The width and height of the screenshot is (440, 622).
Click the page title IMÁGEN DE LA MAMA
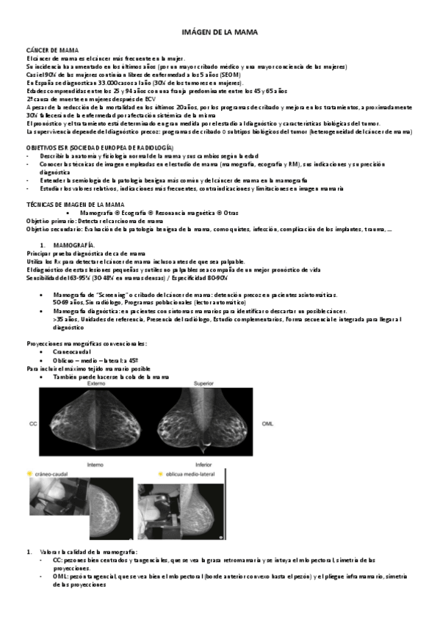click(x=220, y=33)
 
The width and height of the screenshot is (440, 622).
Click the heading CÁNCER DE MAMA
click(x=47, y=50)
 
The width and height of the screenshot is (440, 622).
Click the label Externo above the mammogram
click(x=95, y=384)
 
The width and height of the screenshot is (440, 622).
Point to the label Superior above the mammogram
click(x=203, y=384)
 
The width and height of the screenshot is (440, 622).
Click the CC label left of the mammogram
click(x=32, y=424)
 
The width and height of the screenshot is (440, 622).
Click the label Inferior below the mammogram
click(x=203, y=464)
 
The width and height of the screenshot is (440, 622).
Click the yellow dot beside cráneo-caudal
click(x=29, y=475)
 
